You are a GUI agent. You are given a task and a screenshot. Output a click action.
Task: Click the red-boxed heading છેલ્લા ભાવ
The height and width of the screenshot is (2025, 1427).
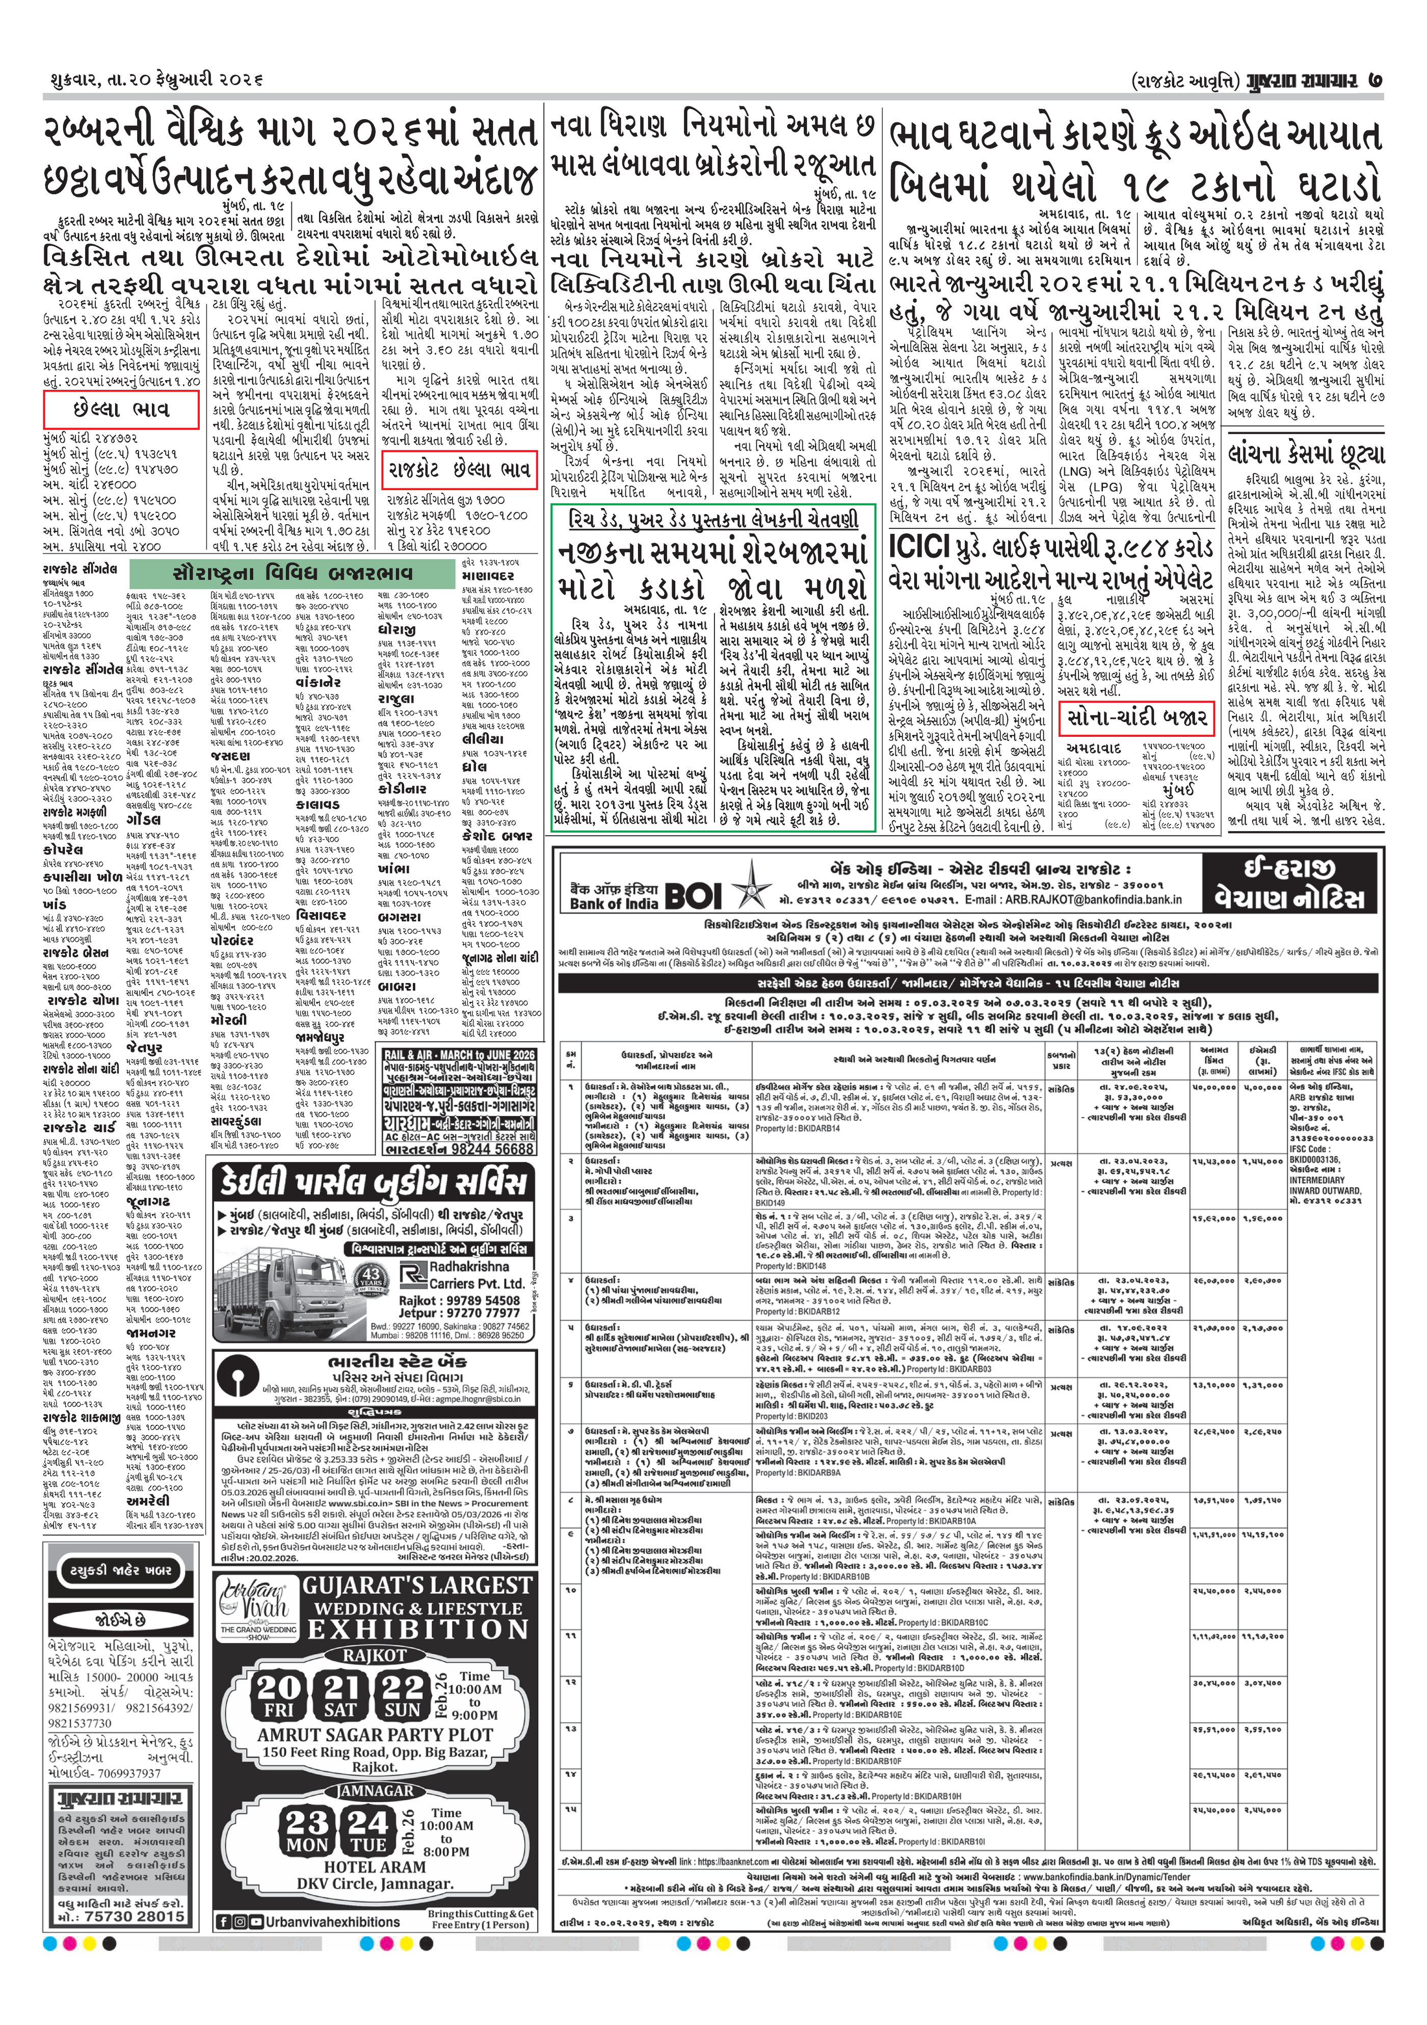[x=121, y=410]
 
